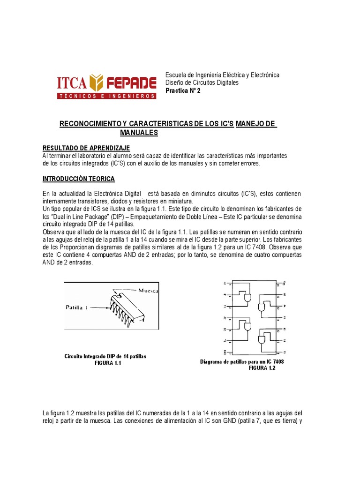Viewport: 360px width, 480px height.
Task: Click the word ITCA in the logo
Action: click(x=71, y=83)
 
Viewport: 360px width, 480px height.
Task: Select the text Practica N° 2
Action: click(x=183, y=90)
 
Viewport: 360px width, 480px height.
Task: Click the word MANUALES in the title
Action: click(x=139, y=133)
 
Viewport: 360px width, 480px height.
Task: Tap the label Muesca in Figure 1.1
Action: click(x=149, y=291)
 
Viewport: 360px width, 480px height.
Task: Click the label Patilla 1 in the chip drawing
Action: click(x=77, y=307)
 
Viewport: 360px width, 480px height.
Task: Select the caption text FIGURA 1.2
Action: click(x=262, y=368)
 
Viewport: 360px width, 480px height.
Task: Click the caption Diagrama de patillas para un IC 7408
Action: click(x=242, y=362)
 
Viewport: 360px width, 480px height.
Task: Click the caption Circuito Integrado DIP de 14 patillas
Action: click(x=105, y=357)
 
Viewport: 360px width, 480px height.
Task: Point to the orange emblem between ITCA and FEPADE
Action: click(x=95, y=82)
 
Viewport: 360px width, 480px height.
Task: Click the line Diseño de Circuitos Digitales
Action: click(x=202, y=82)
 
